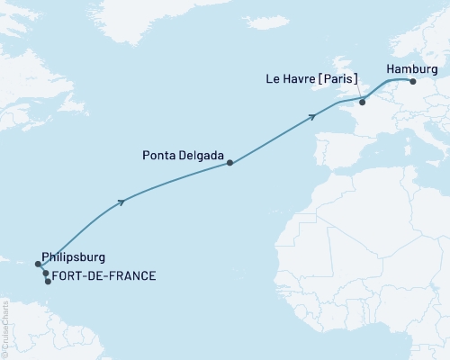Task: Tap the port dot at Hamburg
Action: (x=413, y=81)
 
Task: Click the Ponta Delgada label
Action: (x=183, y=154)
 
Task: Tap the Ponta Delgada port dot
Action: (x=230, y=163)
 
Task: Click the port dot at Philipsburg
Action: (x=39, y=265)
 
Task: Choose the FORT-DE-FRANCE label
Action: (x=104, y=275)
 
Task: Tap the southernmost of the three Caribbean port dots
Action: (x=49, y=282)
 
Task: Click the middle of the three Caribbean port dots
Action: (x=46, y=273)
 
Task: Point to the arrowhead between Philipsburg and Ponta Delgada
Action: (x=121, y=202)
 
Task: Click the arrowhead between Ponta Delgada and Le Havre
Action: (x=313, y=115)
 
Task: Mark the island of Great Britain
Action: (x=346, y=76)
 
